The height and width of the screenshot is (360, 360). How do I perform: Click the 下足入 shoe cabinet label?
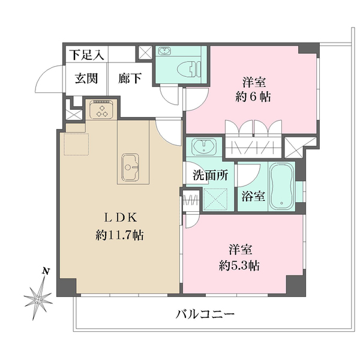pos(85,54)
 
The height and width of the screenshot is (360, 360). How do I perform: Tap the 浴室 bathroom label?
pos(253,196)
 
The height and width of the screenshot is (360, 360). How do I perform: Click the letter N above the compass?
pos(46,272)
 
